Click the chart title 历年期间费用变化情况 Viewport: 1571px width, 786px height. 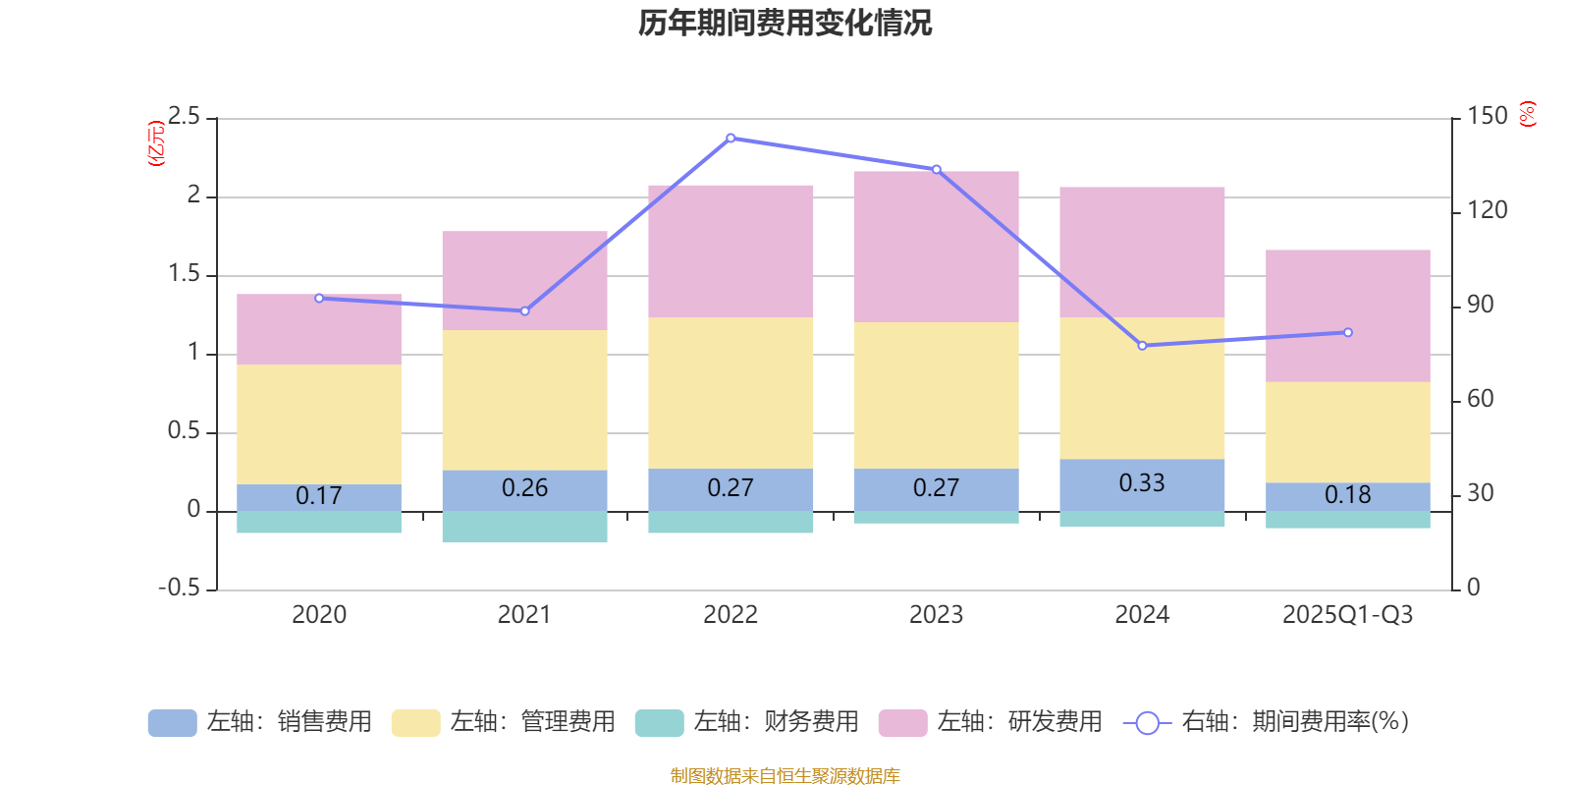tap(785, 23)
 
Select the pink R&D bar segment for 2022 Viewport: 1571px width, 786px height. tap(731, 251)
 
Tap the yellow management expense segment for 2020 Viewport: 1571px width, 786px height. tap(319, 423)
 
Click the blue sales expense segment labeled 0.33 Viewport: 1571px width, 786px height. tap(1142, 483)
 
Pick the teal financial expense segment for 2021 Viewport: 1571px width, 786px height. tap(524, 527)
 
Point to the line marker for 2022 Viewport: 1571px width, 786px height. tap(731, 139)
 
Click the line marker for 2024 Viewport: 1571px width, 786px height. tap(1142, 346)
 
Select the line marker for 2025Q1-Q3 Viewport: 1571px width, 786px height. tap(1348, 333)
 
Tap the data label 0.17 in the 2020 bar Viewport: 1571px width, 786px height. tap(319, 496)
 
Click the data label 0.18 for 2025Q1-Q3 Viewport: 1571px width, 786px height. tap(1348, 495)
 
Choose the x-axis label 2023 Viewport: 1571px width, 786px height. tap(936, 615)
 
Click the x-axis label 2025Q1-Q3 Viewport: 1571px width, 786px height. tap(1348, 615)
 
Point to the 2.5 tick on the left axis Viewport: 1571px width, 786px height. tap(185, 117)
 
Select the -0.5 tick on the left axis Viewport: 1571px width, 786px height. tap(180, 588)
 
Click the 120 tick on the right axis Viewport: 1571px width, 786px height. tap(1487, 210)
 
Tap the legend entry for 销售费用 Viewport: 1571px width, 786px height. tap(260, 722)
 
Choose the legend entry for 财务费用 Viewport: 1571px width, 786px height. tap(747, 722)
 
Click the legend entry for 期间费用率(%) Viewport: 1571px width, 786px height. tap(1267, 722)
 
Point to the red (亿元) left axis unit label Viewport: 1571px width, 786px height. tap(155, 143)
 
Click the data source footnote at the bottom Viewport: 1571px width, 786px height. tap(785, 776)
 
